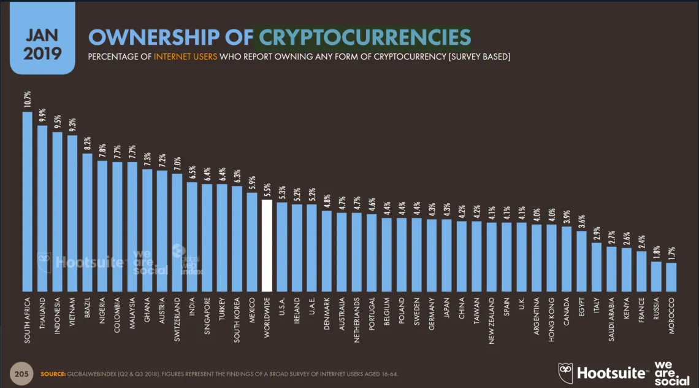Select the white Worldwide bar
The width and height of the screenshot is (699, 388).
click(x=267, y=246)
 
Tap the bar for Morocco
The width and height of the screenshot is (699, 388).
click(x=671, y=277)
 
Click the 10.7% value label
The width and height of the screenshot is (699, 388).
click(x=28, y=100)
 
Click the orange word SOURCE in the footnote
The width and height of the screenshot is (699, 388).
click(x=53, y=374)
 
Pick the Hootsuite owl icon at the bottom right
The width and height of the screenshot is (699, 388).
click(x=565, y=373)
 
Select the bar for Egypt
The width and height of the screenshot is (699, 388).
click(x=581, y=261)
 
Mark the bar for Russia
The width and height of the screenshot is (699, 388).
click(x=656, y=276)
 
